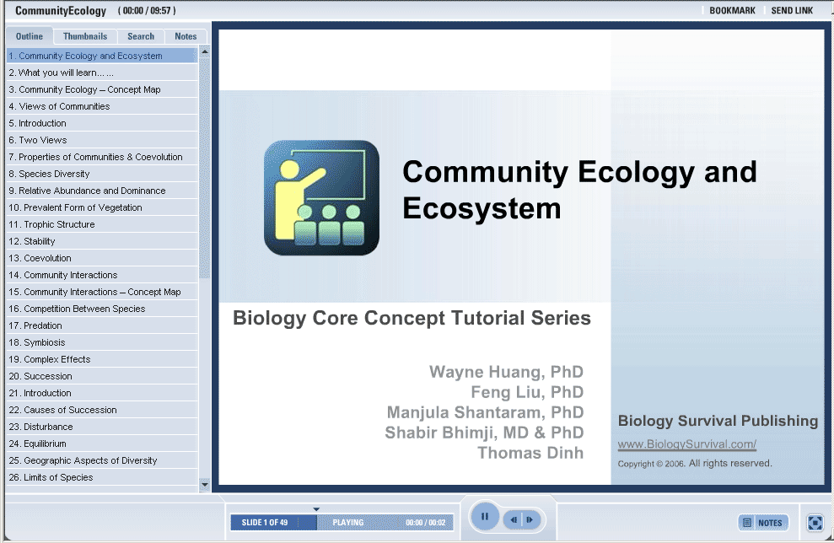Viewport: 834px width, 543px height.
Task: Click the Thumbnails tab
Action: (x=85, y=36)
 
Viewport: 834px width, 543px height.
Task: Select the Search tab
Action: (x=141, y=36)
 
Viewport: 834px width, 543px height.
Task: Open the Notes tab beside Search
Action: (x=186, y=36)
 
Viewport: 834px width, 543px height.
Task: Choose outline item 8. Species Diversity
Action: (x=49, y=174)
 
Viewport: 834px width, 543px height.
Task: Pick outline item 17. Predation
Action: (x=35, y=325)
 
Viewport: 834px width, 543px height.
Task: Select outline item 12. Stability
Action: (x=32, y=241)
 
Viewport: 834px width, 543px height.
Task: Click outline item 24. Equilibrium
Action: (x=37, y=444)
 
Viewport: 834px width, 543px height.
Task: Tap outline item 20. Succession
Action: (x=40, y=376)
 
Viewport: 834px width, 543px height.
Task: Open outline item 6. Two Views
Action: (x=38, y=141)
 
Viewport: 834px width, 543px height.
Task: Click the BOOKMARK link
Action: (x=732, y=11)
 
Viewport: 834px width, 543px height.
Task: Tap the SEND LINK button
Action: (x=792, y=11)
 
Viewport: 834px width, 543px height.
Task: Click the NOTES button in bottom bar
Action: (x=763, y=523)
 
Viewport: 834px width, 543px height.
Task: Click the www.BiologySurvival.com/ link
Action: (x=686, y=444)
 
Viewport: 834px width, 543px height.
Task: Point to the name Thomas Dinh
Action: (x=530, y=453)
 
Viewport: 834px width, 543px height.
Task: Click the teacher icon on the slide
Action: (x=322, y=198)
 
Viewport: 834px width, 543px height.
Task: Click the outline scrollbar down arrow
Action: (x=205, y=485)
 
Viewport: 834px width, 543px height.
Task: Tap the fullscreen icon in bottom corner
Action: (x=815, y=523)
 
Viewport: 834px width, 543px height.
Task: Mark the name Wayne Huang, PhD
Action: (x=506, y=372)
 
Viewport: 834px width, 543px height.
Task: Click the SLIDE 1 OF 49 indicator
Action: (x=264, y=523)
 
